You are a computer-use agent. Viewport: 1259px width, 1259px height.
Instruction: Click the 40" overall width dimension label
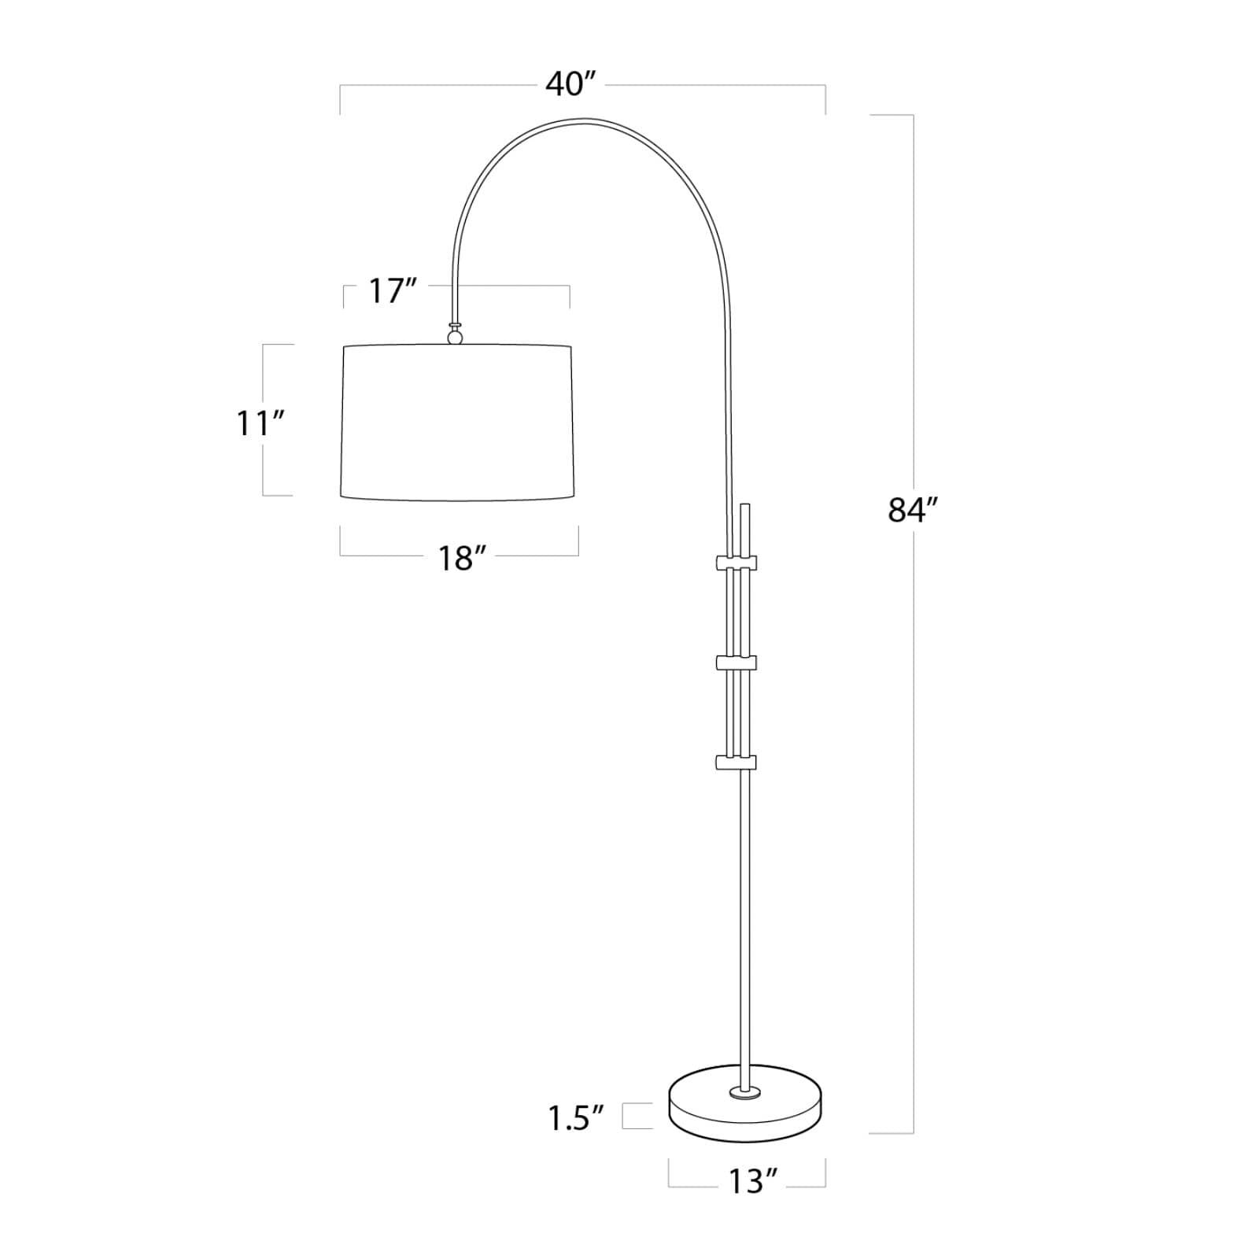pyautogui.click(x=572, y=83)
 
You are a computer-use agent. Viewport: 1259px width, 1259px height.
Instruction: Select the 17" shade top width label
pyautogui.click(x=392, y=291)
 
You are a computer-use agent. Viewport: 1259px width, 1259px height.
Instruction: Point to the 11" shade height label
pyautogui.click(x=260, y=423)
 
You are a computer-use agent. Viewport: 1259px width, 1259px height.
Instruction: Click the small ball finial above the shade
pyautogui.click(x=455, y=337)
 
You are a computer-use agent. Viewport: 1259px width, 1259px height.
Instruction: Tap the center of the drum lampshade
pyautogui.click(x=457, y=422)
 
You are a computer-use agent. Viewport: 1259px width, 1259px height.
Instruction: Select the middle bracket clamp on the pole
pyautogui.click(x=736, y=663)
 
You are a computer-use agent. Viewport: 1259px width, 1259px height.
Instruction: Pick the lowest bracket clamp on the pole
pyautogui.click(x=736, y=762)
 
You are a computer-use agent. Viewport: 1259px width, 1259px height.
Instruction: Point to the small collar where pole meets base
pyautogui.click(x=744, y=1091)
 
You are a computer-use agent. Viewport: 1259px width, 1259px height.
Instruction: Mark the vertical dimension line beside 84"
pyautogui.click(x=913, y=708)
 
